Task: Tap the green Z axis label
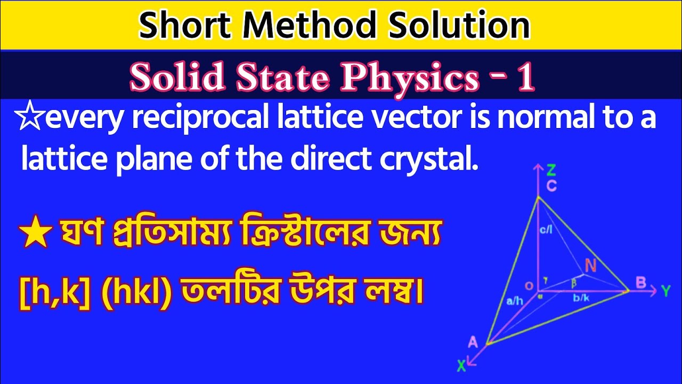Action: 551,170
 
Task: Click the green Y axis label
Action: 665,291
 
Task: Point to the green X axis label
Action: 461,366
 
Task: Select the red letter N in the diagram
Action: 590,265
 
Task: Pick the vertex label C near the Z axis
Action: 552,186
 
